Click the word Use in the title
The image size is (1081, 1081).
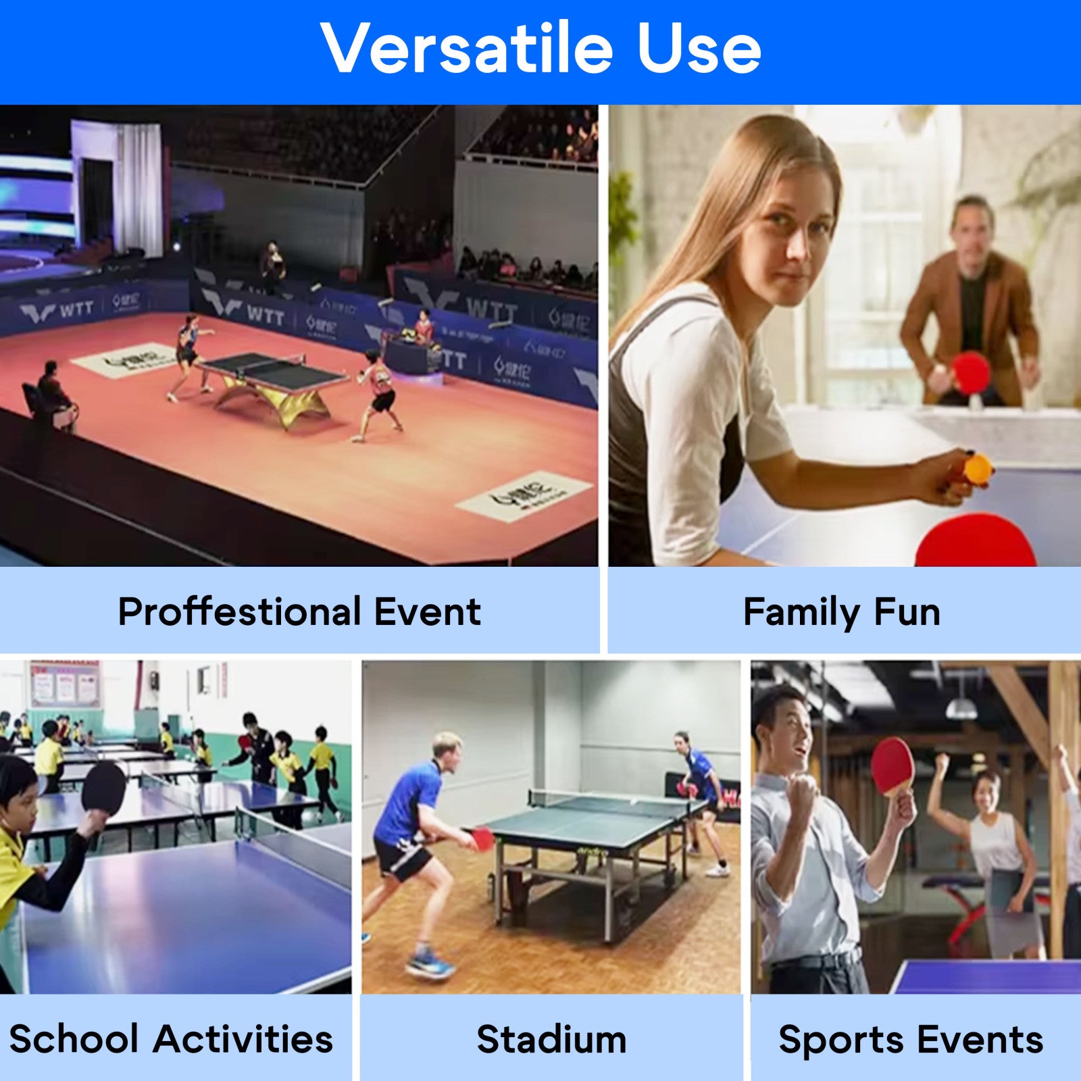699,49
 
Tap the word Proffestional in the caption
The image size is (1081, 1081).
239,612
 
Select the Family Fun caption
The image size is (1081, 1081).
842,612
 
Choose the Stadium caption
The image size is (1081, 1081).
551,1038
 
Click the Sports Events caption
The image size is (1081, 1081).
911,1038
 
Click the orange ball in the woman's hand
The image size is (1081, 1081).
977,467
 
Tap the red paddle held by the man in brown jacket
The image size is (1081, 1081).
971,372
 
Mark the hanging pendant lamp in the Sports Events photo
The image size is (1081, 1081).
961,707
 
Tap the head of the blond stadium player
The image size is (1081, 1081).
447,747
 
